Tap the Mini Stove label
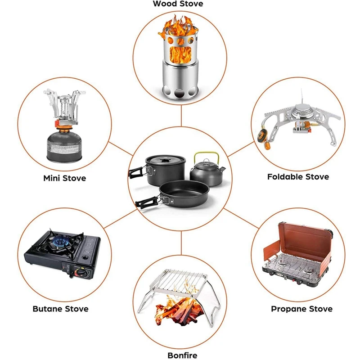(x=64, y=178)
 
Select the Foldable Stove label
(x=298, y=177)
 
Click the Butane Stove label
(x=60, y=309)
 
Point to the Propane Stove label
(x=301, y=309)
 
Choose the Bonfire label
(x=182, y=355)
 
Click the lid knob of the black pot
(x=164, y=158)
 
